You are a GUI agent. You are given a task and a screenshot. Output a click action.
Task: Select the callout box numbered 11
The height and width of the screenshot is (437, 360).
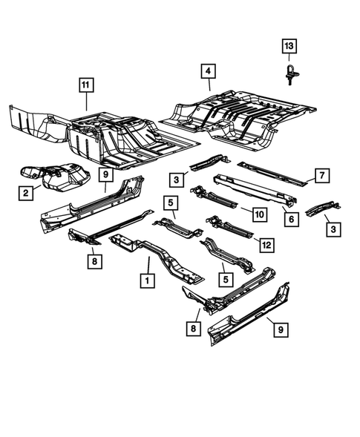88,86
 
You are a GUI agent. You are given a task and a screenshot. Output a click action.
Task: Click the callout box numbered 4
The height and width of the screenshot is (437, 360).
209,71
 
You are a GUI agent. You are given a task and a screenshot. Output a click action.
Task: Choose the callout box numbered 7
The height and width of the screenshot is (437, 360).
320,175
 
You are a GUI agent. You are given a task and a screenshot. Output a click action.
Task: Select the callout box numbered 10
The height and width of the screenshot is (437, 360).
258,214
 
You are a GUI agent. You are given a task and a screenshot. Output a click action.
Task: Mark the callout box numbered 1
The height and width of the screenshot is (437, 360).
148,281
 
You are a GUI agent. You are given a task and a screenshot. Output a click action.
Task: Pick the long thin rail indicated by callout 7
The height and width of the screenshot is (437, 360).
271,172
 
